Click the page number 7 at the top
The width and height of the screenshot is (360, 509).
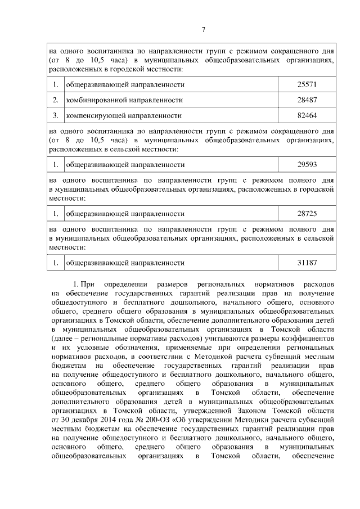pyautogui.click(x=204, y=30)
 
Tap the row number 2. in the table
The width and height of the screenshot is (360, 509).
pyautogui.click(x=56, y=100)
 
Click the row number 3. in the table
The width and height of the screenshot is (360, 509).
pyautogui.click(x=56, y=116)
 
